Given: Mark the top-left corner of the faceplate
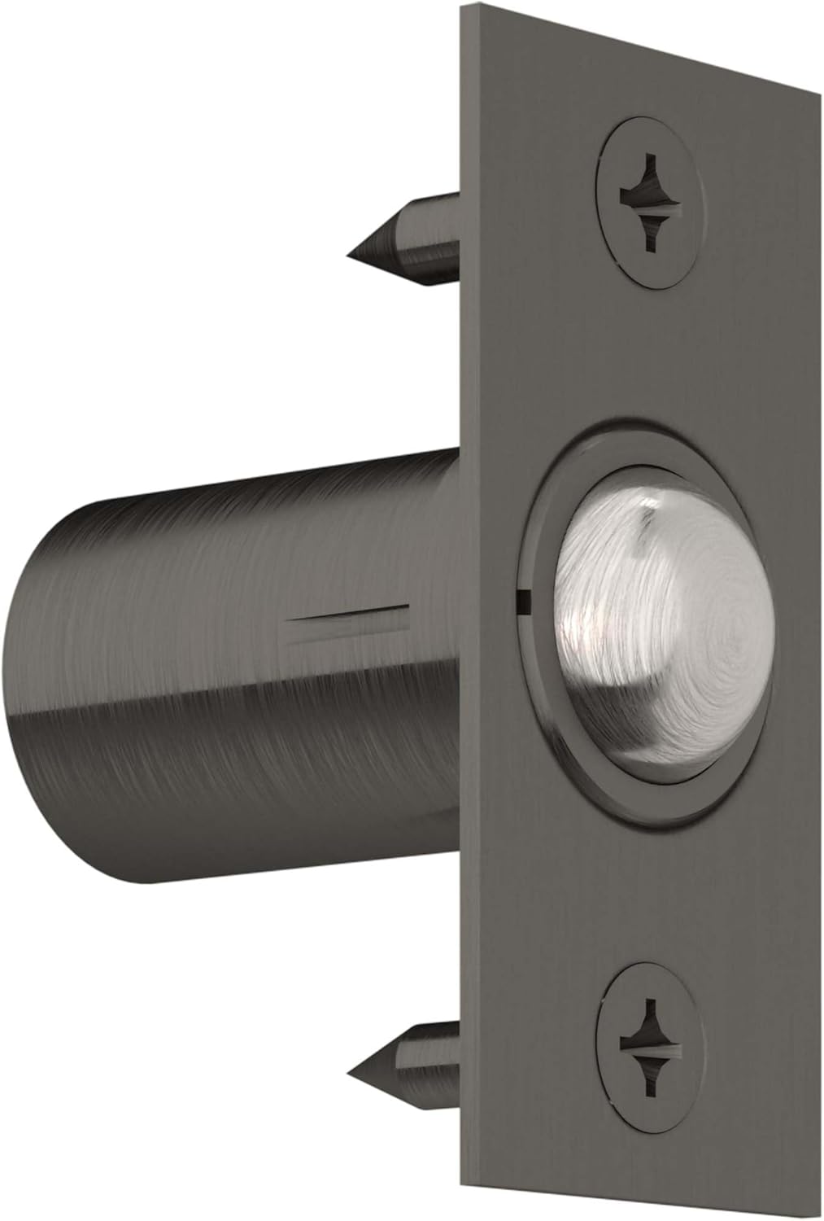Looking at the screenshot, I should coord(461,7).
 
